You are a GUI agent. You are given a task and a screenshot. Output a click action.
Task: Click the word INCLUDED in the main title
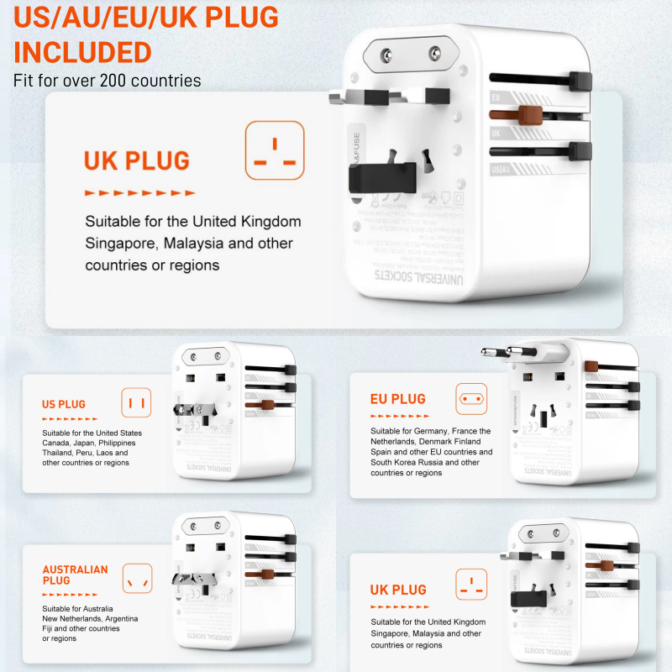pos(82,52)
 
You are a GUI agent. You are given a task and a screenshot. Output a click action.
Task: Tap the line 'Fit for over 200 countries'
pos(107,81)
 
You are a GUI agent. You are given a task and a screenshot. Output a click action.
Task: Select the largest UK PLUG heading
pos(136,160)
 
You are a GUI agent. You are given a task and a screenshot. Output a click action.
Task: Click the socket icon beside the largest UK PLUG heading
pos(275,150)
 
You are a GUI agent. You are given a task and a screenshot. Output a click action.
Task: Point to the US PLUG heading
pos(64,404)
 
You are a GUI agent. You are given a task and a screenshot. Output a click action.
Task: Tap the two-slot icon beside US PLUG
pos(137,402)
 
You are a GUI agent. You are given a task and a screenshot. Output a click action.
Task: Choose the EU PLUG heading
pos(397,399)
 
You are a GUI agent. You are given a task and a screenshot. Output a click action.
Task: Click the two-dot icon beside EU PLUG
pos(471,398)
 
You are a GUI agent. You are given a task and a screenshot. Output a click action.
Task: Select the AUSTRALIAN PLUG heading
pos(76,575)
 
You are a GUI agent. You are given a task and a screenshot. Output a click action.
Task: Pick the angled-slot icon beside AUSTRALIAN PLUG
pos(137,578)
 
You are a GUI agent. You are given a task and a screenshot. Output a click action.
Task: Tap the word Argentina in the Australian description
pos(118,618)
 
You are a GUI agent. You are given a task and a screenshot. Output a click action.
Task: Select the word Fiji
pos(50,628)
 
